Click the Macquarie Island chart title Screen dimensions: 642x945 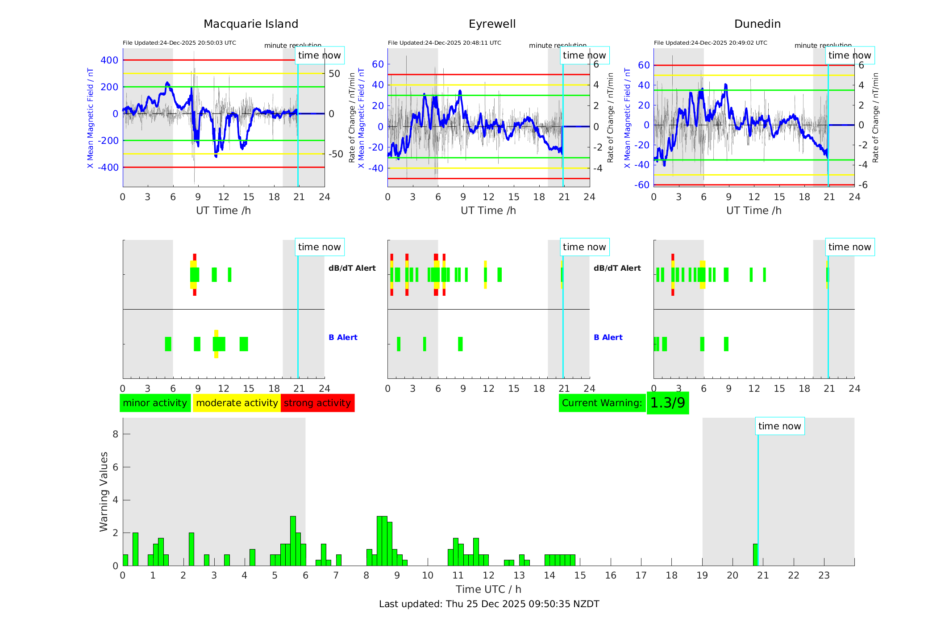pos(250,24)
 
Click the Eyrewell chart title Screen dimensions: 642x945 pos(492,24)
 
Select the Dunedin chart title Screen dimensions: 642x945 pos(757,24)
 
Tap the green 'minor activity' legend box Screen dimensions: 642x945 pos(155,403)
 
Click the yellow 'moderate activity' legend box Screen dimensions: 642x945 pos(237,403)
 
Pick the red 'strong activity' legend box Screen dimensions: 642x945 pos(317,403)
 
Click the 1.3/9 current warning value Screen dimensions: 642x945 pos(667,403)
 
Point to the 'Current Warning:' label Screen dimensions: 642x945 pos(602,403)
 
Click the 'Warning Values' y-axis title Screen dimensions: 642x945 pos(104,491)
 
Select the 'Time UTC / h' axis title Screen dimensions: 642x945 pos(488,589)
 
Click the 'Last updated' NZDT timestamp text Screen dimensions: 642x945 pos(489,604)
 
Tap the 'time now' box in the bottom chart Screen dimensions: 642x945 pos(779,426)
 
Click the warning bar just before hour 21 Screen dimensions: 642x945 pos(755,554)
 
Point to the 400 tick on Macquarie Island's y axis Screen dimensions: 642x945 pos(109,60)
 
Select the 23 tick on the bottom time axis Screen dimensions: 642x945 pos(824,575)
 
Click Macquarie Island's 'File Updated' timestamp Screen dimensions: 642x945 pos(179,43)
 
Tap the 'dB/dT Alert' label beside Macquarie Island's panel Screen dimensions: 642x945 pos(352,268)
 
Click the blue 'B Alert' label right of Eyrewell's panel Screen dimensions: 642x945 pos(608,337)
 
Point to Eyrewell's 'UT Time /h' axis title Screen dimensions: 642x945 pos(488,210)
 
